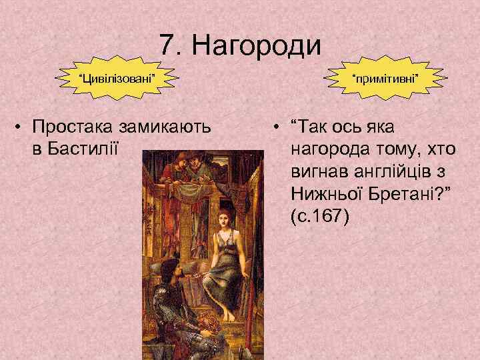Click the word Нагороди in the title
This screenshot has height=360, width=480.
tap(257, 45)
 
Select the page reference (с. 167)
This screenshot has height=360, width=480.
tap(319, 217)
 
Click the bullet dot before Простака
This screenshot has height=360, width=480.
tap(23, 125)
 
